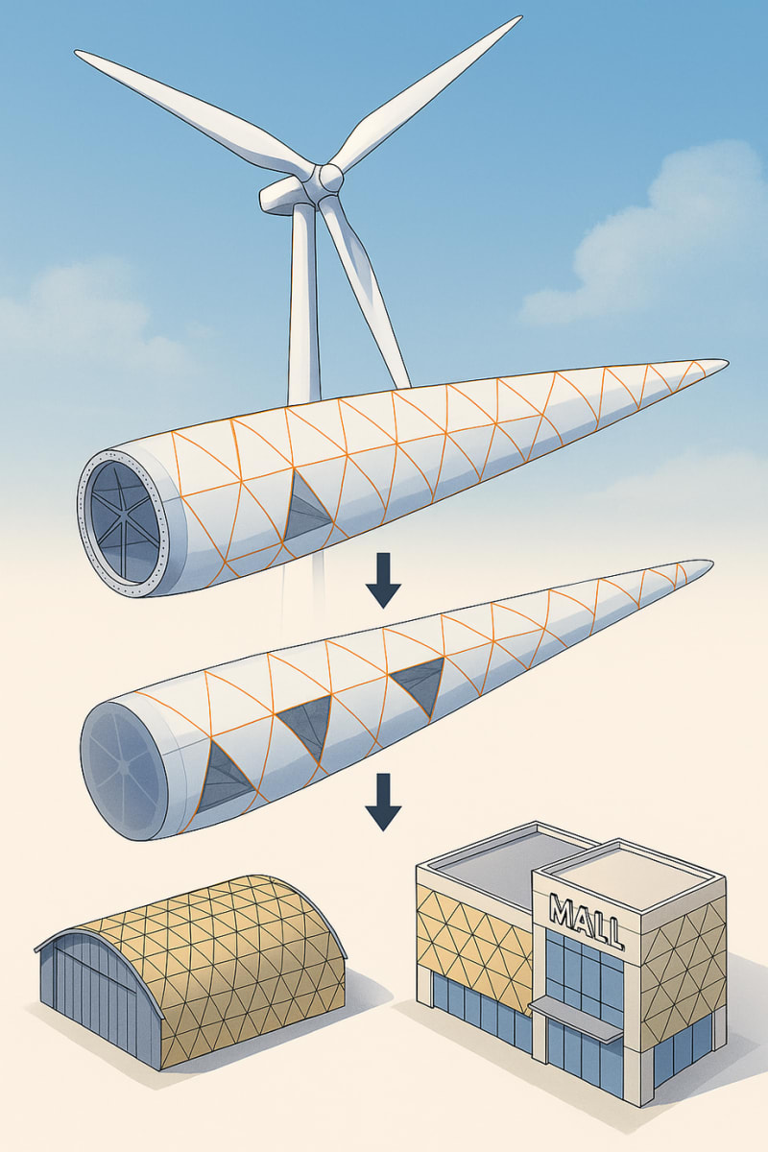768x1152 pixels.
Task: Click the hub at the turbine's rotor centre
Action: click(330, 177)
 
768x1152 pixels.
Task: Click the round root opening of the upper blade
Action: click(123, 518)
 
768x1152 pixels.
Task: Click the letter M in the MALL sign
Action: click(560, 908)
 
